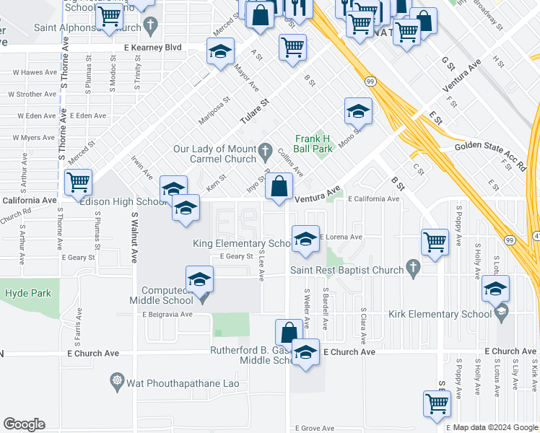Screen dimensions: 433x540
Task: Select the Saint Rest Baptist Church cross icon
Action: [413, 268]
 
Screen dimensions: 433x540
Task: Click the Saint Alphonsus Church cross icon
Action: [150, 27]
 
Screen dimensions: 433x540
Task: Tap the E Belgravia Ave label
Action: [167, 315]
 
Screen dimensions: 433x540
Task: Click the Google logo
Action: [24, 424]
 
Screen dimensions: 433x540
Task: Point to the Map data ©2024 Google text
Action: [495, 428]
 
